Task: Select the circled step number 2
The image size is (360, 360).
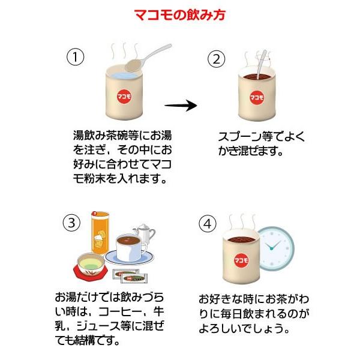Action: [216, 59]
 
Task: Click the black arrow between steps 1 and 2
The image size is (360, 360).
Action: [181, 106]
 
